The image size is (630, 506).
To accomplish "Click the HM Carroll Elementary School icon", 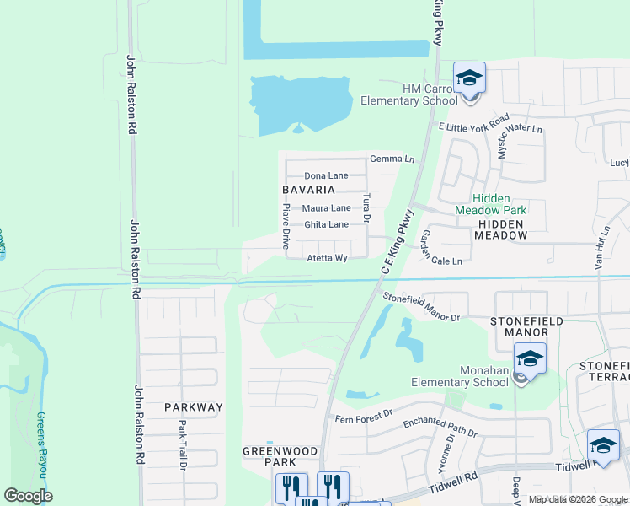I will [469, 79].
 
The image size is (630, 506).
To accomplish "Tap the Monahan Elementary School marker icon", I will [528, 359].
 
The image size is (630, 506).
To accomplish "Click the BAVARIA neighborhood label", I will [307, 191].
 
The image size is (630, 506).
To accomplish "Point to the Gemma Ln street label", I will [392, 159].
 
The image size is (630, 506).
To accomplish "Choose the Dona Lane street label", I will [326, 175].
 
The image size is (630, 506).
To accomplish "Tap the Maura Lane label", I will [327, 207].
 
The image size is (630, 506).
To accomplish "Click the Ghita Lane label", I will [326, 224].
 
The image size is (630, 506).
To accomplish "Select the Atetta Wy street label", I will [327, 258].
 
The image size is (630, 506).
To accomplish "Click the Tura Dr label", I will [366, 207].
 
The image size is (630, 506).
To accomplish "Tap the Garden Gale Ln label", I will [441, 248].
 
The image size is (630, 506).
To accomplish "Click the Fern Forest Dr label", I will [364, 414].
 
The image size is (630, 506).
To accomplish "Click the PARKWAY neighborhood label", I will [194, 407].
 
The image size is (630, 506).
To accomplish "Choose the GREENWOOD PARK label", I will [280, 456].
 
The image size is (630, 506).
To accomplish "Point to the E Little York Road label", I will [473, 123].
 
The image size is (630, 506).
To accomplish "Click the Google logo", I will [28, 496].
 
